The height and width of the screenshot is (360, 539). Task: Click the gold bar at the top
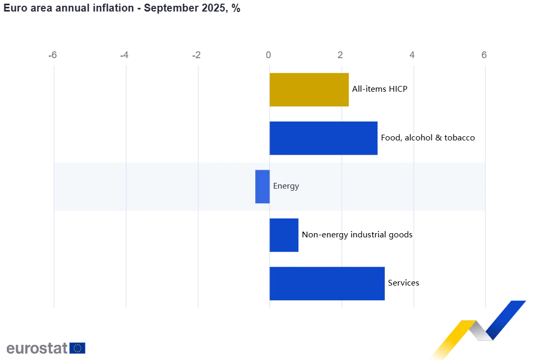pyautogui.click(x=310, y=90)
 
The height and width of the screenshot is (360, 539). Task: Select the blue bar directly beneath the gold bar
pyautogui.click(x=324, y=138)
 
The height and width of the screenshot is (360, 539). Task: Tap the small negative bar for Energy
pyautogui.click(x=262, y=187)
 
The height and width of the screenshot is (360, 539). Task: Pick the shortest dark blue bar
pyautogui.click(x=285, y=235)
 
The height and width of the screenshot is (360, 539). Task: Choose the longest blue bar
pyautogui.click(x=327, y=283)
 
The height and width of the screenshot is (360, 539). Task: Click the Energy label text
pyautogui.click(x=286, y=186)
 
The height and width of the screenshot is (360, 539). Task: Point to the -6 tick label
pyautogui.click(x=52, y=54)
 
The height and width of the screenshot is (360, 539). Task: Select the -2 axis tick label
pyautogui.click(x=198, y=54)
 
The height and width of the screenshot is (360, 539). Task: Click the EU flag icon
pyautogui.click(x=78, y=348)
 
